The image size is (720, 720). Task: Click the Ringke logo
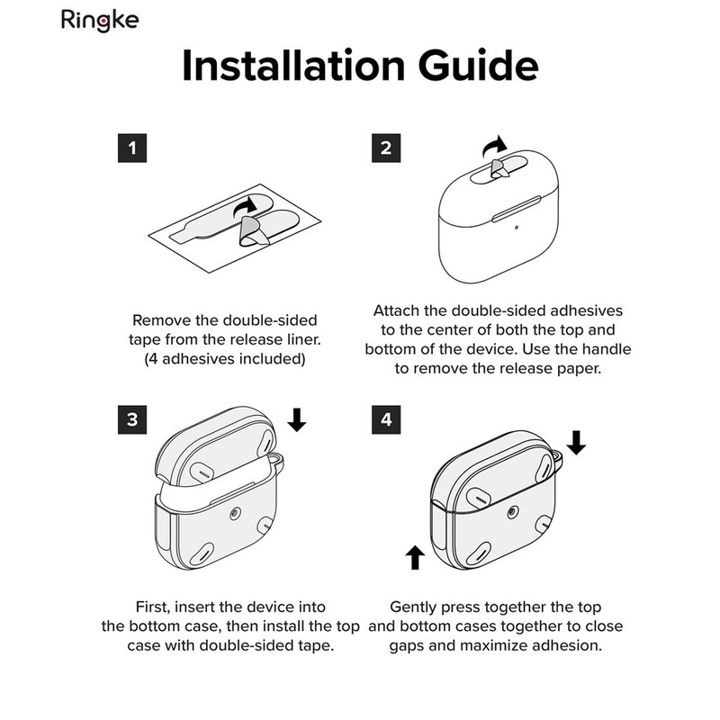pyautogui.click(x=100, y=20)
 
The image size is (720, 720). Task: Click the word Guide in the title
pyautogui.click(x=478, y=66)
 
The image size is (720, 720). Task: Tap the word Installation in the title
pyautogui.click(x=293, y=66)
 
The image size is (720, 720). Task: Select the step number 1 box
pyautogui.click(x=132, y=148)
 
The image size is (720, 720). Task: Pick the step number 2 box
pyautogui.click(x=386, y=148)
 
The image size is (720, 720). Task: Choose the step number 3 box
pyautogui.click(x=132, y=419)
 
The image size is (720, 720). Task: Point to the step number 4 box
pyautogui.click(x=386, y=419)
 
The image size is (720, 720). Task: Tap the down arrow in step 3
pyautogui.click(x=297, y=419)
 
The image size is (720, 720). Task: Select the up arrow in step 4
pyautogui.click(x=415, y=557)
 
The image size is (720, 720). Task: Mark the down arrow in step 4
pyautogui.click(x=576, y=443)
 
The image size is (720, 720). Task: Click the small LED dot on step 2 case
pyautogui.click(x=517, y=228)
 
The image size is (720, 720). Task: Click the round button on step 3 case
pyautogui.click(x=235, y=514)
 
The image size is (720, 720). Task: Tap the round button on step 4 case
pyautogui.click(x=513, y=512)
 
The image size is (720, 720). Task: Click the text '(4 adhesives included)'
pyautogui.click(x=225, y=358)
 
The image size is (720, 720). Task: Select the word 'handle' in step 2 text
pyautogui.click(x=606, y=349)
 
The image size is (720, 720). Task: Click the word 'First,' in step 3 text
pyautogui.click(x=153, y=607)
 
